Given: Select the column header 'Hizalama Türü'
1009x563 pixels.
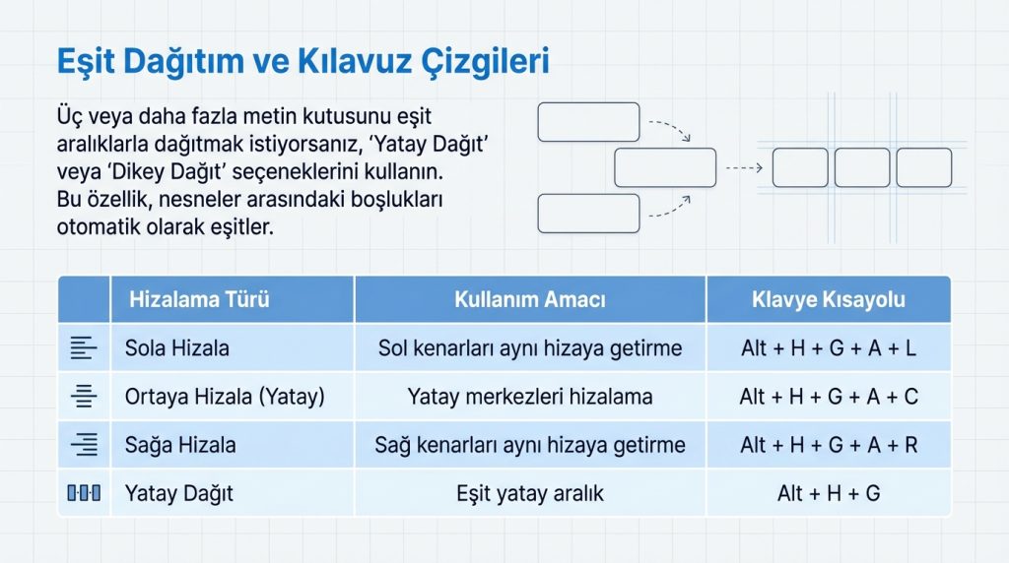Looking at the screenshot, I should tap(199, 299).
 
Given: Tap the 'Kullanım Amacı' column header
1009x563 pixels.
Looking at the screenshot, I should tap(530, 299).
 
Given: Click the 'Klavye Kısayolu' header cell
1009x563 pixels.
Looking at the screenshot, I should tap(829, 299).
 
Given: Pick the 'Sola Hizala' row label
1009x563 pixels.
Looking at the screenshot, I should tap(177, 347).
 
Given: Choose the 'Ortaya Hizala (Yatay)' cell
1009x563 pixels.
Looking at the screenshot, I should tap(225, 397).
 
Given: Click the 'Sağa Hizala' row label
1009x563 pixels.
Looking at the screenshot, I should tap(180, 445).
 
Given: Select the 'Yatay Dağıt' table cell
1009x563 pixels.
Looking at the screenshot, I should tap(179, 493).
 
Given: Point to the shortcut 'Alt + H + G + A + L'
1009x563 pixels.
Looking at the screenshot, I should tap(829, 347).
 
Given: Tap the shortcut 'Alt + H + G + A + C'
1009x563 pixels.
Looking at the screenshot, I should tap(829, 397).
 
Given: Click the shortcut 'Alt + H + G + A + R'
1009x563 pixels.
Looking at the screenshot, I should tap(829, 445).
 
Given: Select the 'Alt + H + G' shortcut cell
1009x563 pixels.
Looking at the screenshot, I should tap(829, 493).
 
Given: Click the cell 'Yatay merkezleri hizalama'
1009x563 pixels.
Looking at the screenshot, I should tap(530, 397).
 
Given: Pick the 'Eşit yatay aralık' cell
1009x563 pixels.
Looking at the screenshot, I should tap(530, 493).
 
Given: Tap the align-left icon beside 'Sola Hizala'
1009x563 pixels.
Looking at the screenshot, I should tap(84, 347).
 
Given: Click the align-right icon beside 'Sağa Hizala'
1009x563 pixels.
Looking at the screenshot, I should tap(84, 445).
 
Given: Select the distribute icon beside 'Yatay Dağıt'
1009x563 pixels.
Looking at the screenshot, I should tap(84, 493).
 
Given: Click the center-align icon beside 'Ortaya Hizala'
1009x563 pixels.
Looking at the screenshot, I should tap(84, 397).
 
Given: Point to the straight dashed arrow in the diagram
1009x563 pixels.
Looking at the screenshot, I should tap(743, 168).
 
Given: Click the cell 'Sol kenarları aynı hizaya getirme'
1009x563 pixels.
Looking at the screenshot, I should tap(530, 347).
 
